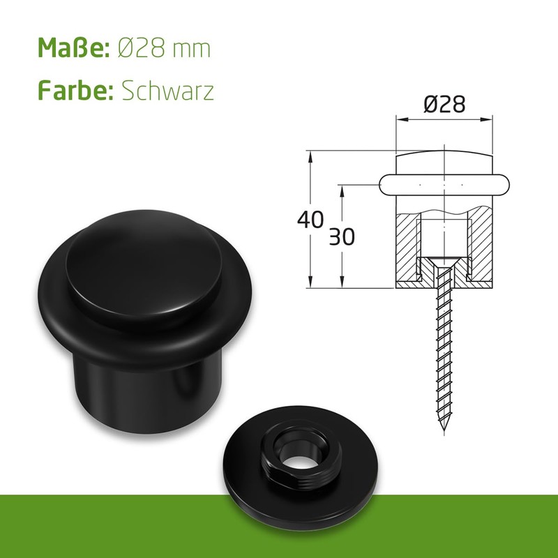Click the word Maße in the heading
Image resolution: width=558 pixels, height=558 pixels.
click(x=70, y=49)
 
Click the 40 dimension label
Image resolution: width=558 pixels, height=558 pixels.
click(x=310, y=219)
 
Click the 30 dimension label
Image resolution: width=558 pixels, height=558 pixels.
click(x=341, y=237)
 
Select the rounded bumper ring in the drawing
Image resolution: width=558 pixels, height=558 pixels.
click(x=444, y=184)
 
